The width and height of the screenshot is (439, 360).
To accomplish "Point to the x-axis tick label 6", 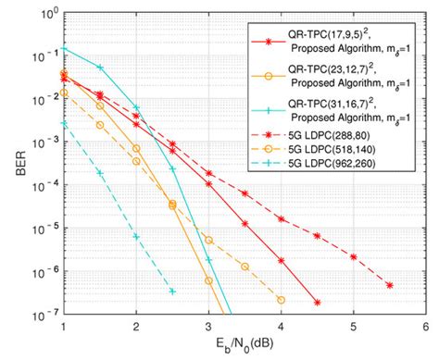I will pos(424,327).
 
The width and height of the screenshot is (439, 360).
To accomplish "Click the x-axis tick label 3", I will pos(208,327).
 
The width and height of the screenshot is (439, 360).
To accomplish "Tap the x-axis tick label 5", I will pos(353,327).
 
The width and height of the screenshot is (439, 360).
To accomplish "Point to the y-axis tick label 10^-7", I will pos(44,314).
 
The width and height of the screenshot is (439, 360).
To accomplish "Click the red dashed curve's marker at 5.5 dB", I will pos(389,285).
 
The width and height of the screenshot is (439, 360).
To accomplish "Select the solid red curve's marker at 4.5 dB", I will pos(317,302).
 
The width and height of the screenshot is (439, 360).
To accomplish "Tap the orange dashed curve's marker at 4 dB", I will pos(281,299).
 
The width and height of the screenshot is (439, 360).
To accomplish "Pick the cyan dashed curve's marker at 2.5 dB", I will pos(172,291).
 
